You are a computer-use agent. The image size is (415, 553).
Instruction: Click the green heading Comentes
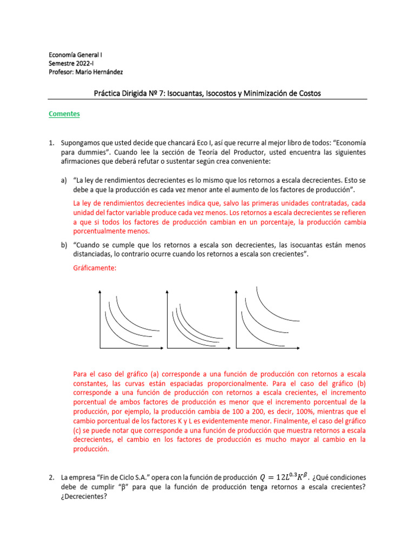[64, 114]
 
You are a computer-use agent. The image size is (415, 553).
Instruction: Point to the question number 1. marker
[51, 143]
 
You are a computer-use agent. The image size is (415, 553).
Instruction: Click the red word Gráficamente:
[95, 268]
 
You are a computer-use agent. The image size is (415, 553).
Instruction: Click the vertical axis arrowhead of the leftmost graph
[100, 292]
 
